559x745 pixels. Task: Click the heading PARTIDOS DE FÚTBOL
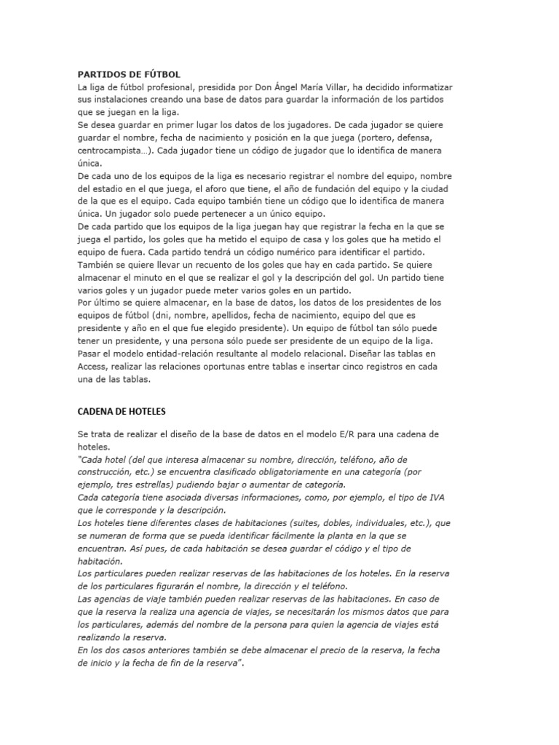129,74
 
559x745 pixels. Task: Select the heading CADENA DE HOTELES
122,410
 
